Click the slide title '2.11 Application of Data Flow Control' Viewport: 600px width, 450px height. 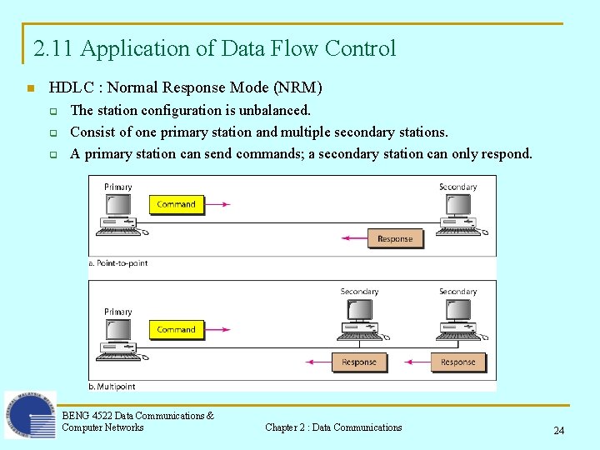pyautogui.click(x=215, y=48)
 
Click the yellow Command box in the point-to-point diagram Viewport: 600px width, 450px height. pyautogui.click(x=176, y=204)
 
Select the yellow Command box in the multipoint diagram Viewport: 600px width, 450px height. pyautogui.click(x=176, y=329)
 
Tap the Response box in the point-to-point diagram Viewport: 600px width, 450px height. pyautogui.click(x=395, y=238)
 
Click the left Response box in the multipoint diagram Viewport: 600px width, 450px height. pyautogui.click(x=359, y=362)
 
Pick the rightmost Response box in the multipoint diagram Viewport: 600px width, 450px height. pyautogui.click(x=457, y=362)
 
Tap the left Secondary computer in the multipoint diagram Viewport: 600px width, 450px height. pyautogui.click(x=359, y=320)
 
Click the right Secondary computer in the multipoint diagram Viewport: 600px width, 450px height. pyautogui.click(x=457, y=320)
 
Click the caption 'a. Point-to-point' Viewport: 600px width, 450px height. pyautogui.click(x=118, y=263)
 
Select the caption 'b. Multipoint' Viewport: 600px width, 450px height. pyautogui.click(x=112, y=387)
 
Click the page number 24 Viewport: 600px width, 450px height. pyautogui.click(x=558, y=431)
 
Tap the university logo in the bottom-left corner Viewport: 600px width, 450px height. pyautogui.click(x=30, y=415)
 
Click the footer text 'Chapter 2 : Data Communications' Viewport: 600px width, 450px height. pyautogui.click(x=333, y=427)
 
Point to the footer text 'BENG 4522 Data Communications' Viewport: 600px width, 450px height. pyautogui.click(x=137, y=416)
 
